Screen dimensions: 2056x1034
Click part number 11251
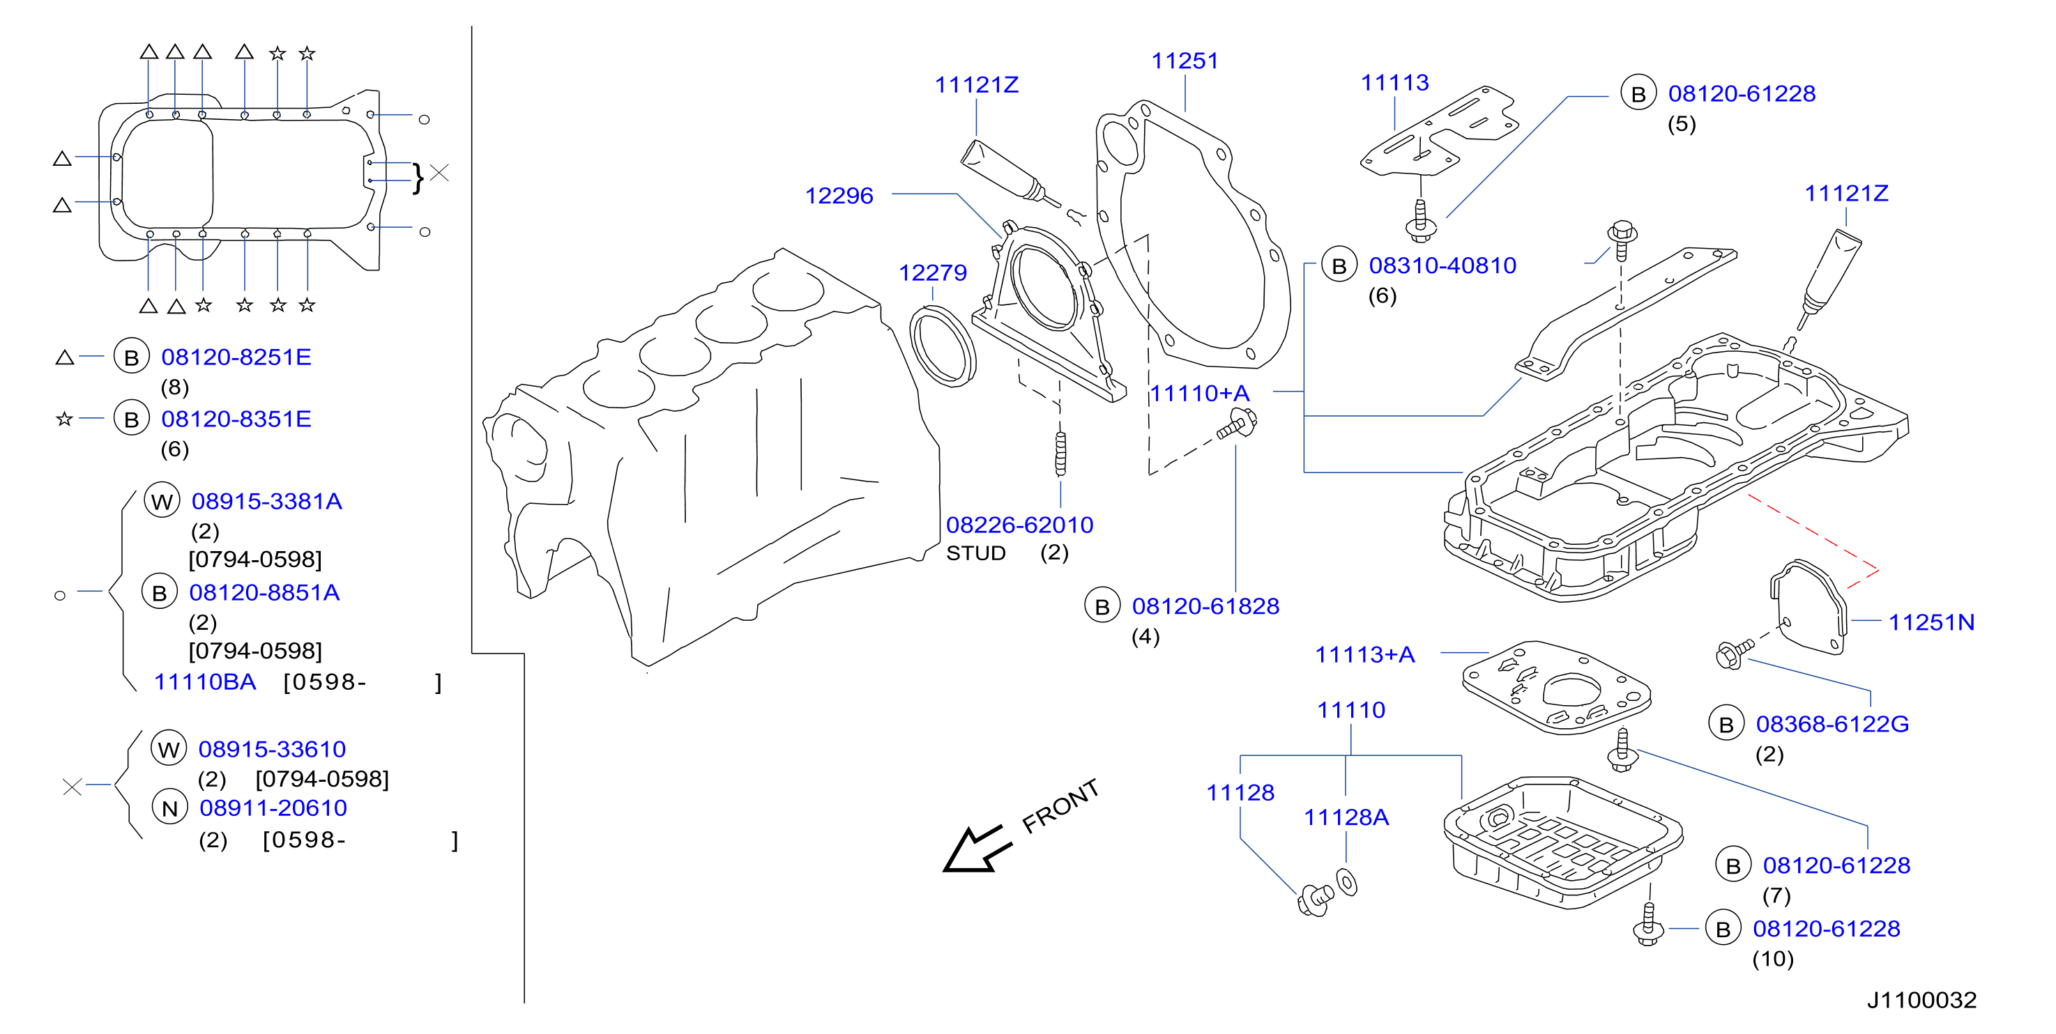click(1185, 61)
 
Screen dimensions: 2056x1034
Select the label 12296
click(839, 196)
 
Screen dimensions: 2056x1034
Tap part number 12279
click(932, 273)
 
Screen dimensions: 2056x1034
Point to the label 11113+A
click(1365, 654)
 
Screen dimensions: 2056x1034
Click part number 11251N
click(1931, 622)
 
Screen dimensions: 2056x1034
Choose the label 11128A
click(1346, 817)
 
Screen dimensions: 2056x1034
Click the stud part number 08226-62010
click(1019, 525)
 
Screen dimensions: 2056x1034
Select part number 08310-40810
click(1442, 265)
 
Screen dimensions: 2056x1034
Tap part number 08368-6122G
click(1832, 724)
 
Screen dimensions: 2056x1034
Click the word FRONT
click(1060, 806)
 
